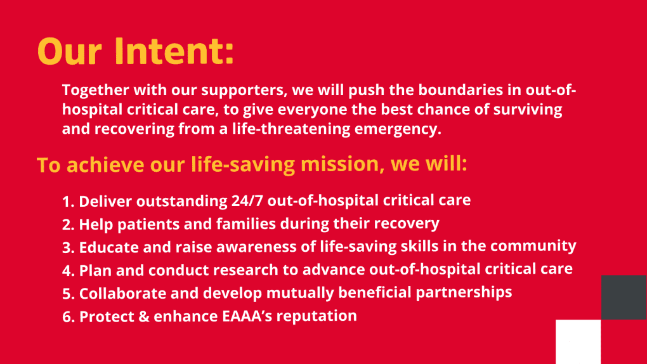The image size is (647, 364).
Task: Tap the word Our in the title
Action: point(69,51)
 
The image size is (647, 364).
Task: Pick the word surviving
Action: point(528,110)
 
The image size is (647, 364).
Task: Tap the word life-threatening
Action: point(291,129)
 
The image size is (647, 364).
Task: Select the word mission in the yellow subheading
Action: point(339,164)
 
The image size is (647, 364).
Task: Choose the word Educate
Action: point(109,247)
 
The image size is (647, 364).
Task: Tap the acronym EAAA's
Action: point(247,316)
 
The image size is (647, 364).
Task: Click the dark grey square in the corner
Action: point(624,297)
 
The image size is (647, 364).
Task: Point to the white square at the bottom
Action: point(578,342)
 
